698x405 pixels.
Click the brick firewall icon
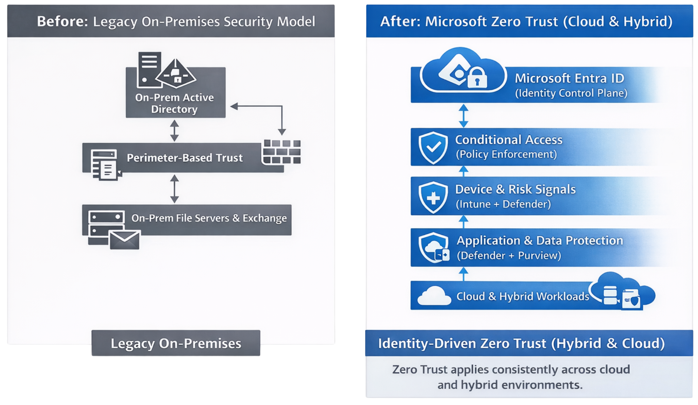[x=282, y=152]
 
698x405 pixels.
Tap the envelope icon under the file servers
[x=125, y=240]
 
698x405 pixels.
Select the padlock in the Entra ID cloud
[x=477, y=78]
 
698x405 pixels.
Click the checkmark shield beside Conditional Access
[x=433, y=147]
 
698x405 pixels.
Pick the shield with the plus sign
[x=433, y=197]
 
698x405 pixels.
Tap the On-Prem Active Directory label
[x=174, y=103]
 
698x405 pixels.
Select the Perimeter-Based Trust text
[x=185, y=158]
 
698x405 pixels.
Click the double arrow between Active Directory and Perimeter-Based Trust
[x=174, y=130]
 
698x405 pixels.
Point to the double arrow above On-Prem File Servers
[x=174, y=189]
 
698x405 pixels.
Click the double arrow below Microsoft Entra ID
[x=463, y=116]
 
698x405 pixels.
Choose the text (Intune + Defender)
[x=503, y=204]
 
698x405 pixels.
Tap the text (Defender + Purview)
[x=509, y=255]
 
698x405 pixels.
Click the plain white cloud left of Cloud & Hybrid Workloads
[x=434, y=296]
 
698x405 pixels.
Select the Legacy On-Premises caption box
[x=176, y=343]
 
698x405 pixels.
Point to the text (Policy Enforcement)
[x=506, y=154]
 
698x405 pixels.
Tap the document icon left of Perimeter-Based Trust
[x=105, y=165]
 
